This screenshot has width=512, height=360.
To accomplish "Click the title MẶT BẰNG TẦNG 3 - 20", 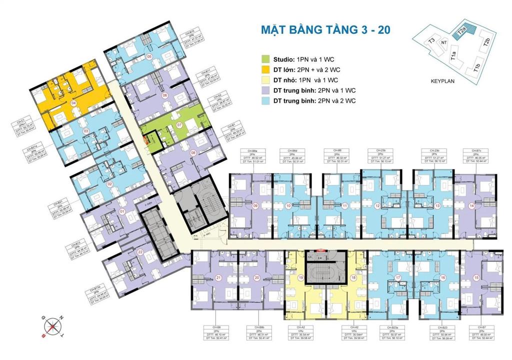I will [325, 29].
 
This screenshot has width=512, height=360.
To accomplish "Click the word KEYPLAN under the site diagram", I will [442, 79].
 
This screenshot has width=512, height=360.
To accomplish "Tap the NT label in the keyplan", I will [443, 43].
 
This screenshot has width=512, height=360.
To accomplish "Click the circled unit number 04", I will [74, 103].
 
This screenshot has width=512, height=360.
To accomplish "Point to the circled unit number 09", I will [255, 205].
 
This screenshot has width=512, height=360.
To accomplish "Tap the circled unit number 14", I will [471, 205].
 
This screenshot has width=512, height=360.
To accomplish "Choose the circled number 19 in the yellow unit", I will [301, 277].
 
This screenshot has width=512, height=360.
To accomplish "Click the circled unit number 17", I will [398, 277].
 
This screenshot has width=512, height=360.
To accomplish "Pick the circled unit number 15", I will [476, 277].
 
